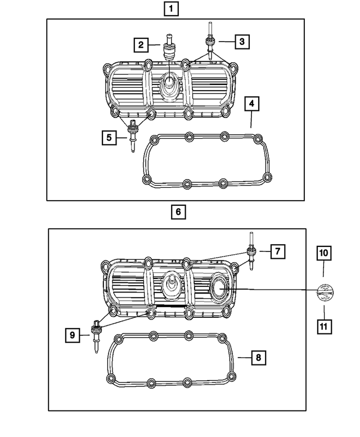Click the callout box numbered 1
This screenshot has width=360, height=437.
pyautogui.click(x=172, y=8)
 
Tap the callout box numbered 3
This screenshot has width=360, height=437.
pyautogui.click(x=241, y=41)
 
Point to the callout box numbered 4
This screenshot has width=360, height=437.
pyautogui.click(x=252, y=104)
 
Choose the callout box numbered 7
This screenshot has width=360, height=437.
pyautogui.click(x=277, y=251)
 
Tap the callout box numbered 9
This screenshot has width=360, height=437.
pyautogui.click(x=73, y=335)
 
